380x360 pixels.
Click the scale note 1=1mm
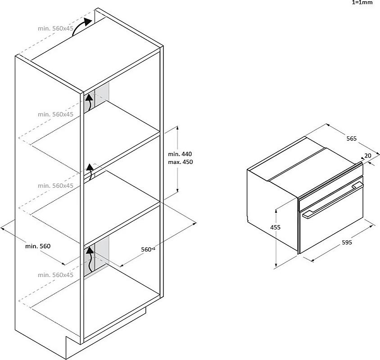pos(362,2)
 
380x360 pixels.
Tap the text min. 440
pos(180,154)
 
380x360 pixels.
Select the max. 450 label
pos(180,162)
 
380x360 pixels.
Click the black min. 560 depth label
pos(38,246)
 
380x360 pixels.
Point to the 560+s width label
pos(148,249)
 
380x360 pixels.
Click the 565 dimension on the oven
pos(351,138)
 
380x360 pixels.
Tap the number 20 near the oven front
pos(368,156)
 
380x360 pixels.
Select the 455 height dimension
pos(275,227)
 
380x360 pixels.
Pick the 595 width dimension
pos(347,242)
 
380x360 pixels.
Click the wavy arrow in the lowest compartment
pos(90,259)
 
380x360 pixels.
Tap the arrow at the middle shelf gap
pos(90,171)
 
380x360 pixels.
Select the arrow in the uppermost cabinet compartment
pos(89,102)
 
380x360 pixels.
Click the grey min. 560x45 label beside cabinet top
pos(55,28)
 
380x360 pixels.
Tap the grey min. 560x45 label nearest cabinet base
pos(55,275)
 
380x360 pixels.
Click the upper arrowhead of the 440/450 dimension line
pos(178,127)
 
